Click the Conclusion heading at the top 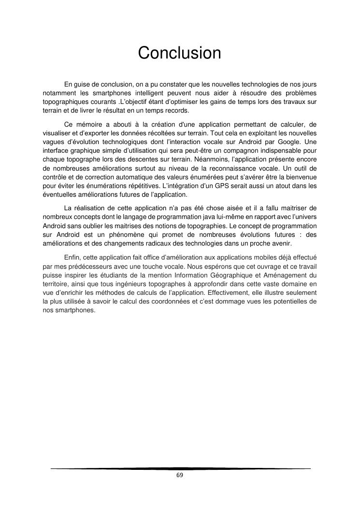coord(179,53)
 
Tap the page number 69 coord(180,475)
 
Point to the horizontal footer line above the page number coord(180,468)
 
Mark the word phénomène coord(123,234)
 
